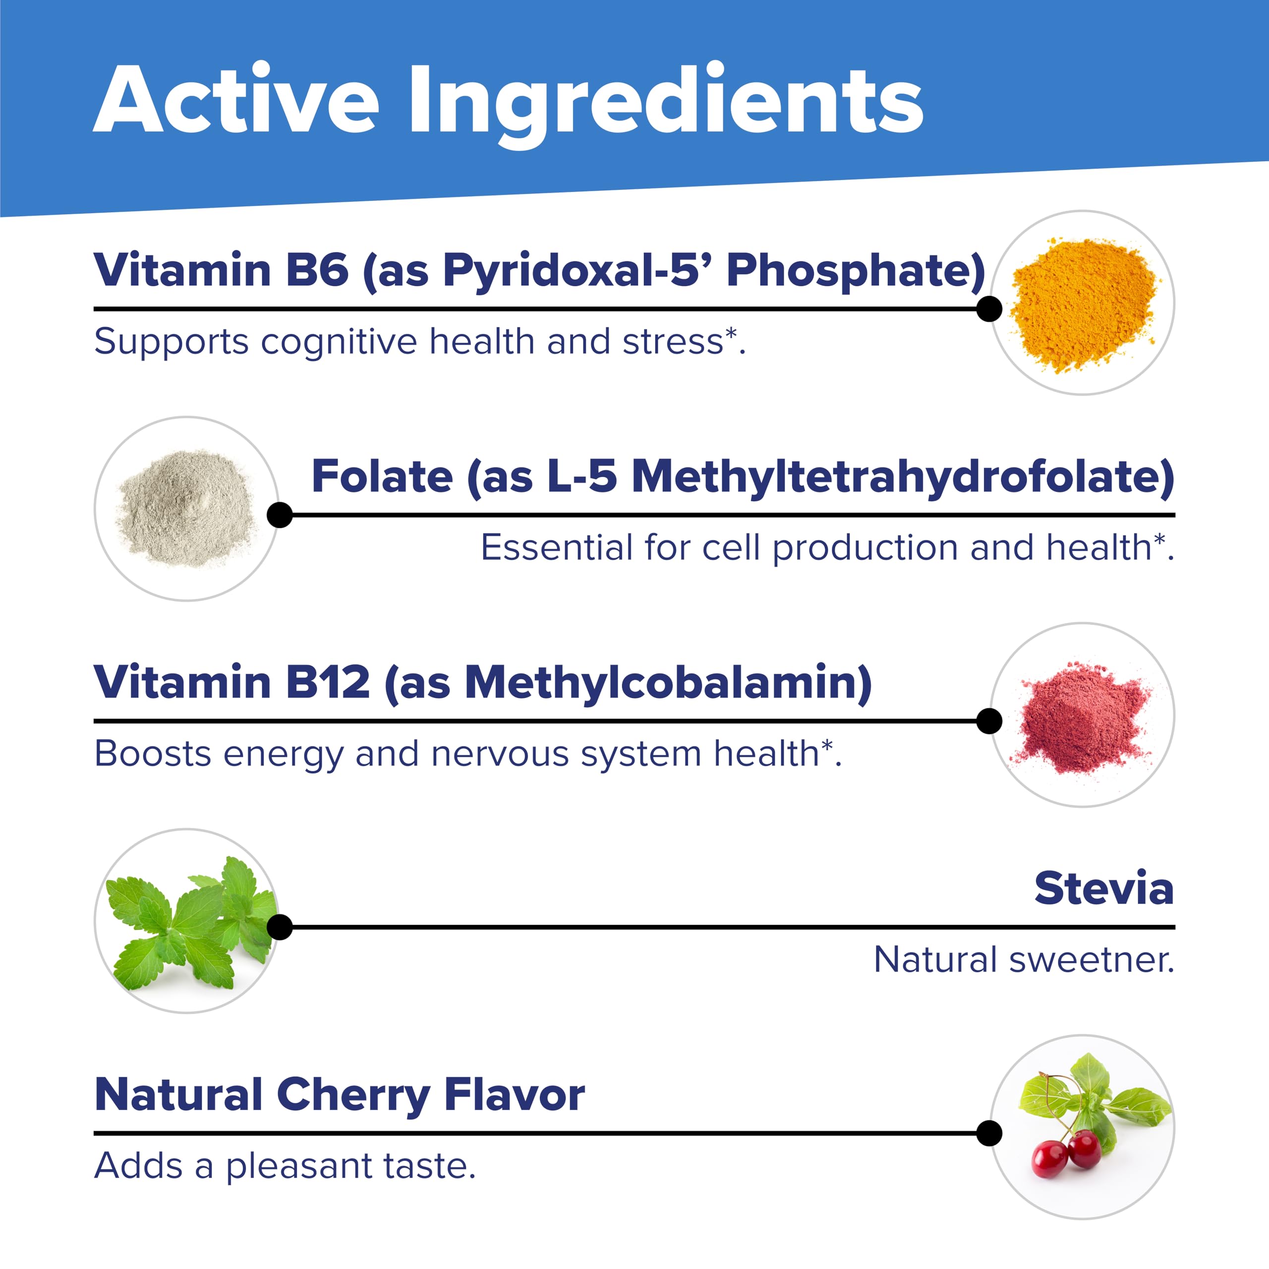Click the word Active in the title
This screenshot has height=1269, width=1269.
click(236, 99)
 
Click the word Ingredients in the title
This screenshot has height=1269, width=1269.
click(665, 105)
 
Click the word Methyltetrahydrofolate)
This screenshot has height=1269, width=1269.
click(903, 477)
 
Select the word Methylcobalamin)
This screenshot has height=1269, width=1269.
click(668, 684)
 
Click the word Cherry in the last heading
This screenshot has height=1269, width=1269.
click(353, 1096)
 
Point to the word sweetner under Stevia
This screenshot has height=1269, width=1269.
click(1091, 960)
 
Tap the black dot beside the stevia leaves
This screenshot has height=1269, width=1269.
click(280, 927)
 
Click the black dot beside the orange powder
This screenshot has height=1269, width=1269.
click(988, 309)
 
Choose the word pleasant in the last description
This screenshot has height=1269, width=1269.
click(299, 1167)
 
